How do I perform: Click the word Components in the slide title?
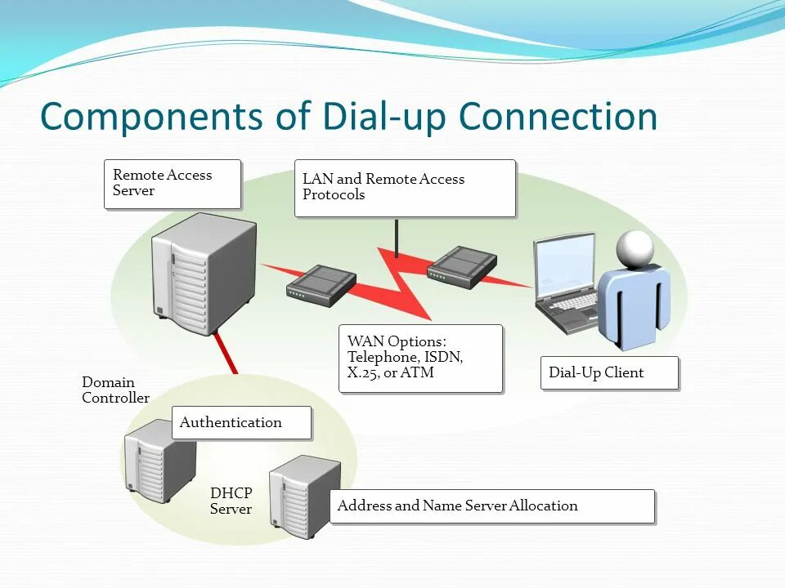coord(151,117)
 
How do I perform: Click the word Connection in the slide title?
coord(558,117)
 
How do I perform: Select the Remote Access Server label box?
coord(173,184)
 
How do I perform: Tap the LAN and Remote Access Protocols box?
coord(405,188)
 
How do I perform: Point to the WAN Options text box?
coord(420,359)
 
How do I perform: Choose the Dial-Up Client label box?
coord(610,372)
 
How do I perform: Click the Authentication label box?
coord(241,422)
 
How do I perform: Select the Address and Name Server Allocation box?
coord(492,506)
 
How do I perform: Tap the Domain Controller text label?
coord(115,390)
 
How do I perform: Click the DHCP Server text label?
coord(231,501)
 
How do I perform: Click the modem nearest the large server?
coord(321,286)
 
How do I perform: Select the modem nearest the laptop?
coord(461,267)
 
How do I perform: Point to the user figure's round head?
coord(635,249)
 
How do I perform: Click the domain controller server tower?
coord(159,461)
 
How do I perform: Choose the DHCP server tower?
coord(304,497)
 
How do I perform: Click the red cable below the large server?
coord(226,353)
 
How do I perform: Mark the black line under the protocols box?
coord(397,238)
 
